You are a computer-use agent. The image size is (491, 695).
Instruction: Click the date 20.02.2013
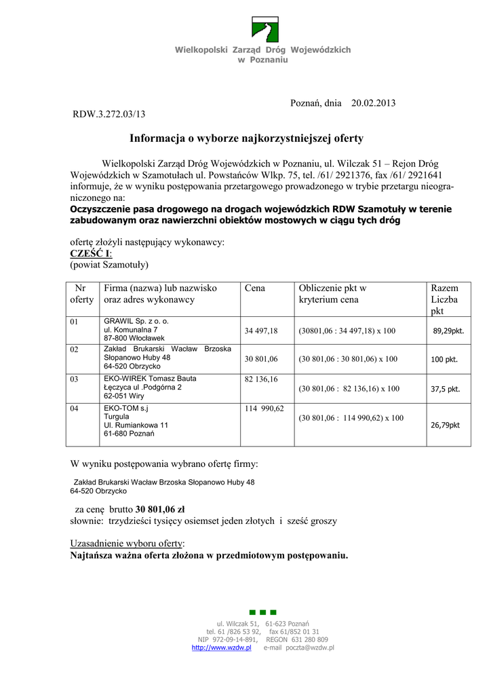[x=373, y=102]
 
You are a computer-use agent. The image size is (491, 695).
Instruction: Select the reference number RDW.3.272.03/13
[x=109, y=114]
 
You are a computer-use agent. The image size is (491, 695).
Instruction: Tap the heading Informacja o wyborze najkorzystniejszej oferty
[x=246, y=138]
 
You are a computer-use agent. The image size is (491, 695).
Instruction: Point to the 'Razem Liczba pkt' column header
[x=444, y=299]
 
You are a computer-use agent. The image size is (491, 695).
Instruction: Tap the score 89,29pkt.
[x=448, y=331]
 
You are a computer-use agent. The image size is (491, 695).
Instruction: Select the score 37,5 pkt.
[x=446, y=390]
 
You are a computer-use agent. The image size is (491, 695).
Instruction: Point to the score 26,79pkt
[x=445, y=425]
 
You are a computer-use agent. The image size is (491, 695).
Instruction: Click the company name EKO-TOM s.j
[x=126, y=408]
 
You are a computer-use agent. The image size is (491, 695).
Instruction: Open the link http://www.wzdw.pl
[x=222, y=647]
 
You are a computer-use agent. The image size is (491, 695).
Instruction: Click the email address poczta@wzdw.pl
[x=308, y=647]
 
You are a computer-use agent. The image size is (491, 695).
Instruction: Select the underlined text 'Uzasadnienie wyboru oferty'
[x=127, y=544]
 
